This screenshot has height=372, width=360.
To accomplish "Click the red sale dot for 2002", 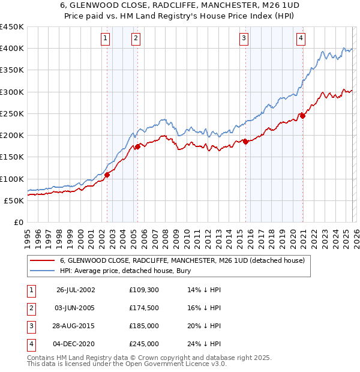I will coord(107,175).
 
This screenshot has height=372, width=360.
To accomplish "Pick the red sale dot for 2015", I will coord(246,142).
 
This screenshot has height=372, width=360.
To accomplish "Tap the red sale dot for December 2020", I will coord(302,116).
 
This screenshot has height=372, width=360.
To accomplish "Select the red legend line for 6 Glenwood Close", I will coord(43,260).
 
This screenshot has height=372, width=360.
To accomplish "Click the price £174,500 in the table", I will coord(143,308).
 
